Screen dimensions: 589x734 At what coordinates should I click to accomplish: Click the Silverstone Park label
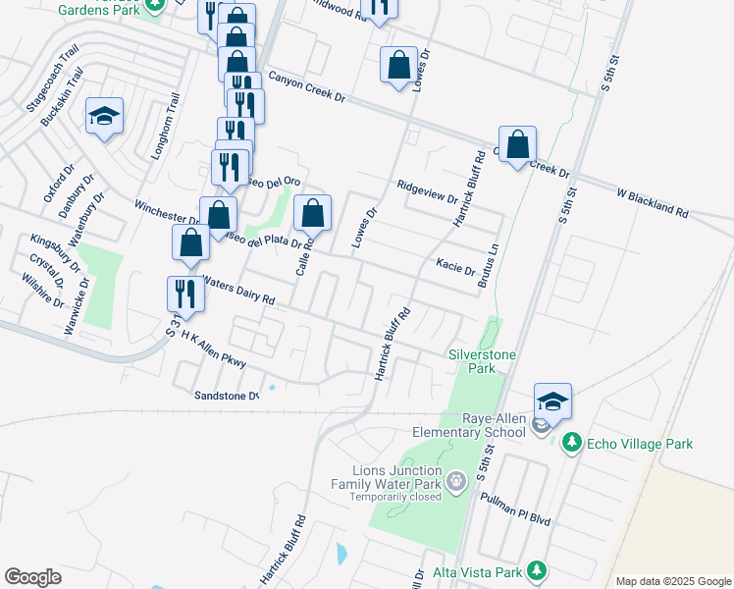point(481,360)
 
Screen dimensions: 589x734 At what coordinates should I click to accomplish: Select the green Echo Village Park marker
point(572,444)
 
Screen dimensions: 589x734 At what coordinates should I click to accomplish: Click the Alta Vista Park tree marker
point(536,570)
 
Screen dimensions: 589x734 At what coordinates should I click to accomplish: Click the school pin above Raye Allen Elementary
point(552,403)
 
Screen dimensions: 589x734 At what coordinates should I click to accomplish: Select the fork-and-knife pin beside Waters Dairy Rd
point(183,292)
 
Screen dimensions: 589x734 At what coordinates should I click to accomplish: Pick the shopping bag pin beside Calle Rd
point(312,213)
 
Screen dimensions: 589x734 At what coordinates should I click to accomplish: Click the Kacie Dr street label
point(455,267)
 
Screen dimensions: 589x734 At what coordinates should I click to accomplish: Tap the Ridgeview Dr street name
point(428,191)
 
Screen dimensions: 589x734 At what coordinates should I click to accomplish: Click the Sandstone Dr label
point(226,395)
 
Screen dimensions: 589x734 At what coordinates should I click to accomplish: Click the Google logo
point(32,577)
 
